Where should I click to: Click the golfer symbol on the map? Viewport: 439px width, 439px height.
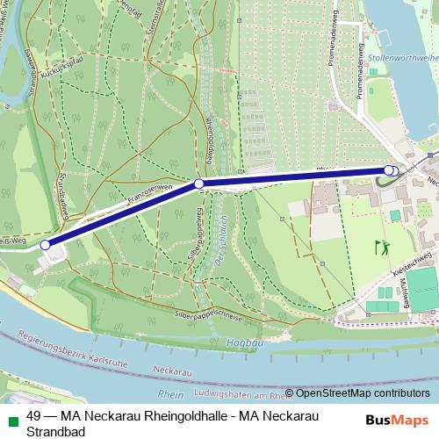point(381,248)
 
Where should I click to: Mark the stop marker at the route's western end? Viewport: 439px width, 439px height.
point(46,246)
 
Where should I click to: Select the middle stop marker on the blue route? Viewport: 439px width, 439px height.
point(199,184)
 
